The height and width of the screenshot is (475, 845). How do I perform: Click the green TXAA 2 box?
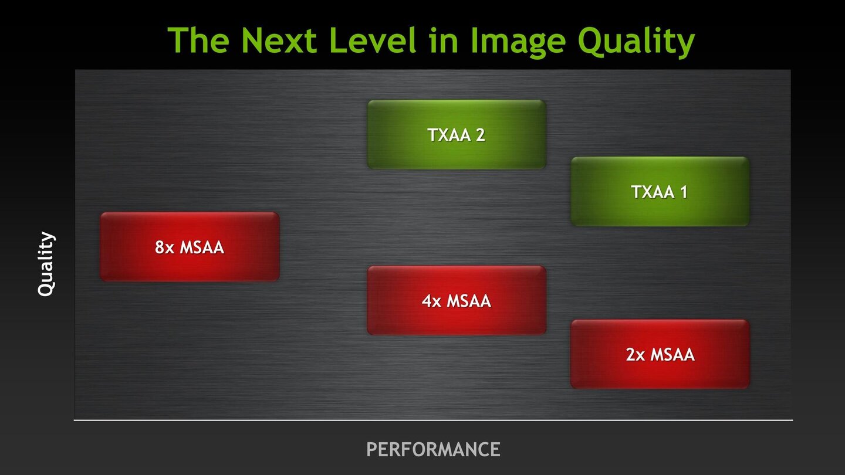tap(457, 135)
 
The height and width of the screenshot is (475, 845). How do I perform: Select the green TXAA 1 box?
tap(660, 192)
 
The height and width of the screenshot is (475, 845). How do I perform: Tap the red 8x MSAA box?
tap(190, 247)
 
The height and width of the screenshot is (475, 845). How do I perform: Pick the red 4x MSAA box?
tap(457, 301)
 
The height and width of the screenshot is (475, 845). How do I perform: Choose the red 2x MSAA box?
tap(660, 354)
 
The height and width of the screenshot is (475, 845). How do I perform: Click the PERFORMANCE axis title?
tap(433, 449)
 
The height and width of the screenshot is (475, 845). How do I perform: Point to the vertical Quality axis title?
tap(46, 264)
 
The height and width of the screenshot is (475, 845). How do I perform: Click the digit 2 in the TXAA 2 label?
tap(480, 135)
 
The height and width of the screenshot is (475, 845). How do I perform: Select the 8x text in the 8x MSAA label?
tap(164, 247)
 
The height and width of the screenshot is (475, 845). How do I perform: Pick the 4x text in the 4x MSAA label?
tap(431, 301)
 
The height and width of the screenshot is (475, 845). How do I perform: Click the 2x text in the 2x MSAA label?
tap(636, 354)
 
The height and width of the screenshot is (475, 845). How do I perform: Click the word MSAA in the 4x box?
tap(468, 301)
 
